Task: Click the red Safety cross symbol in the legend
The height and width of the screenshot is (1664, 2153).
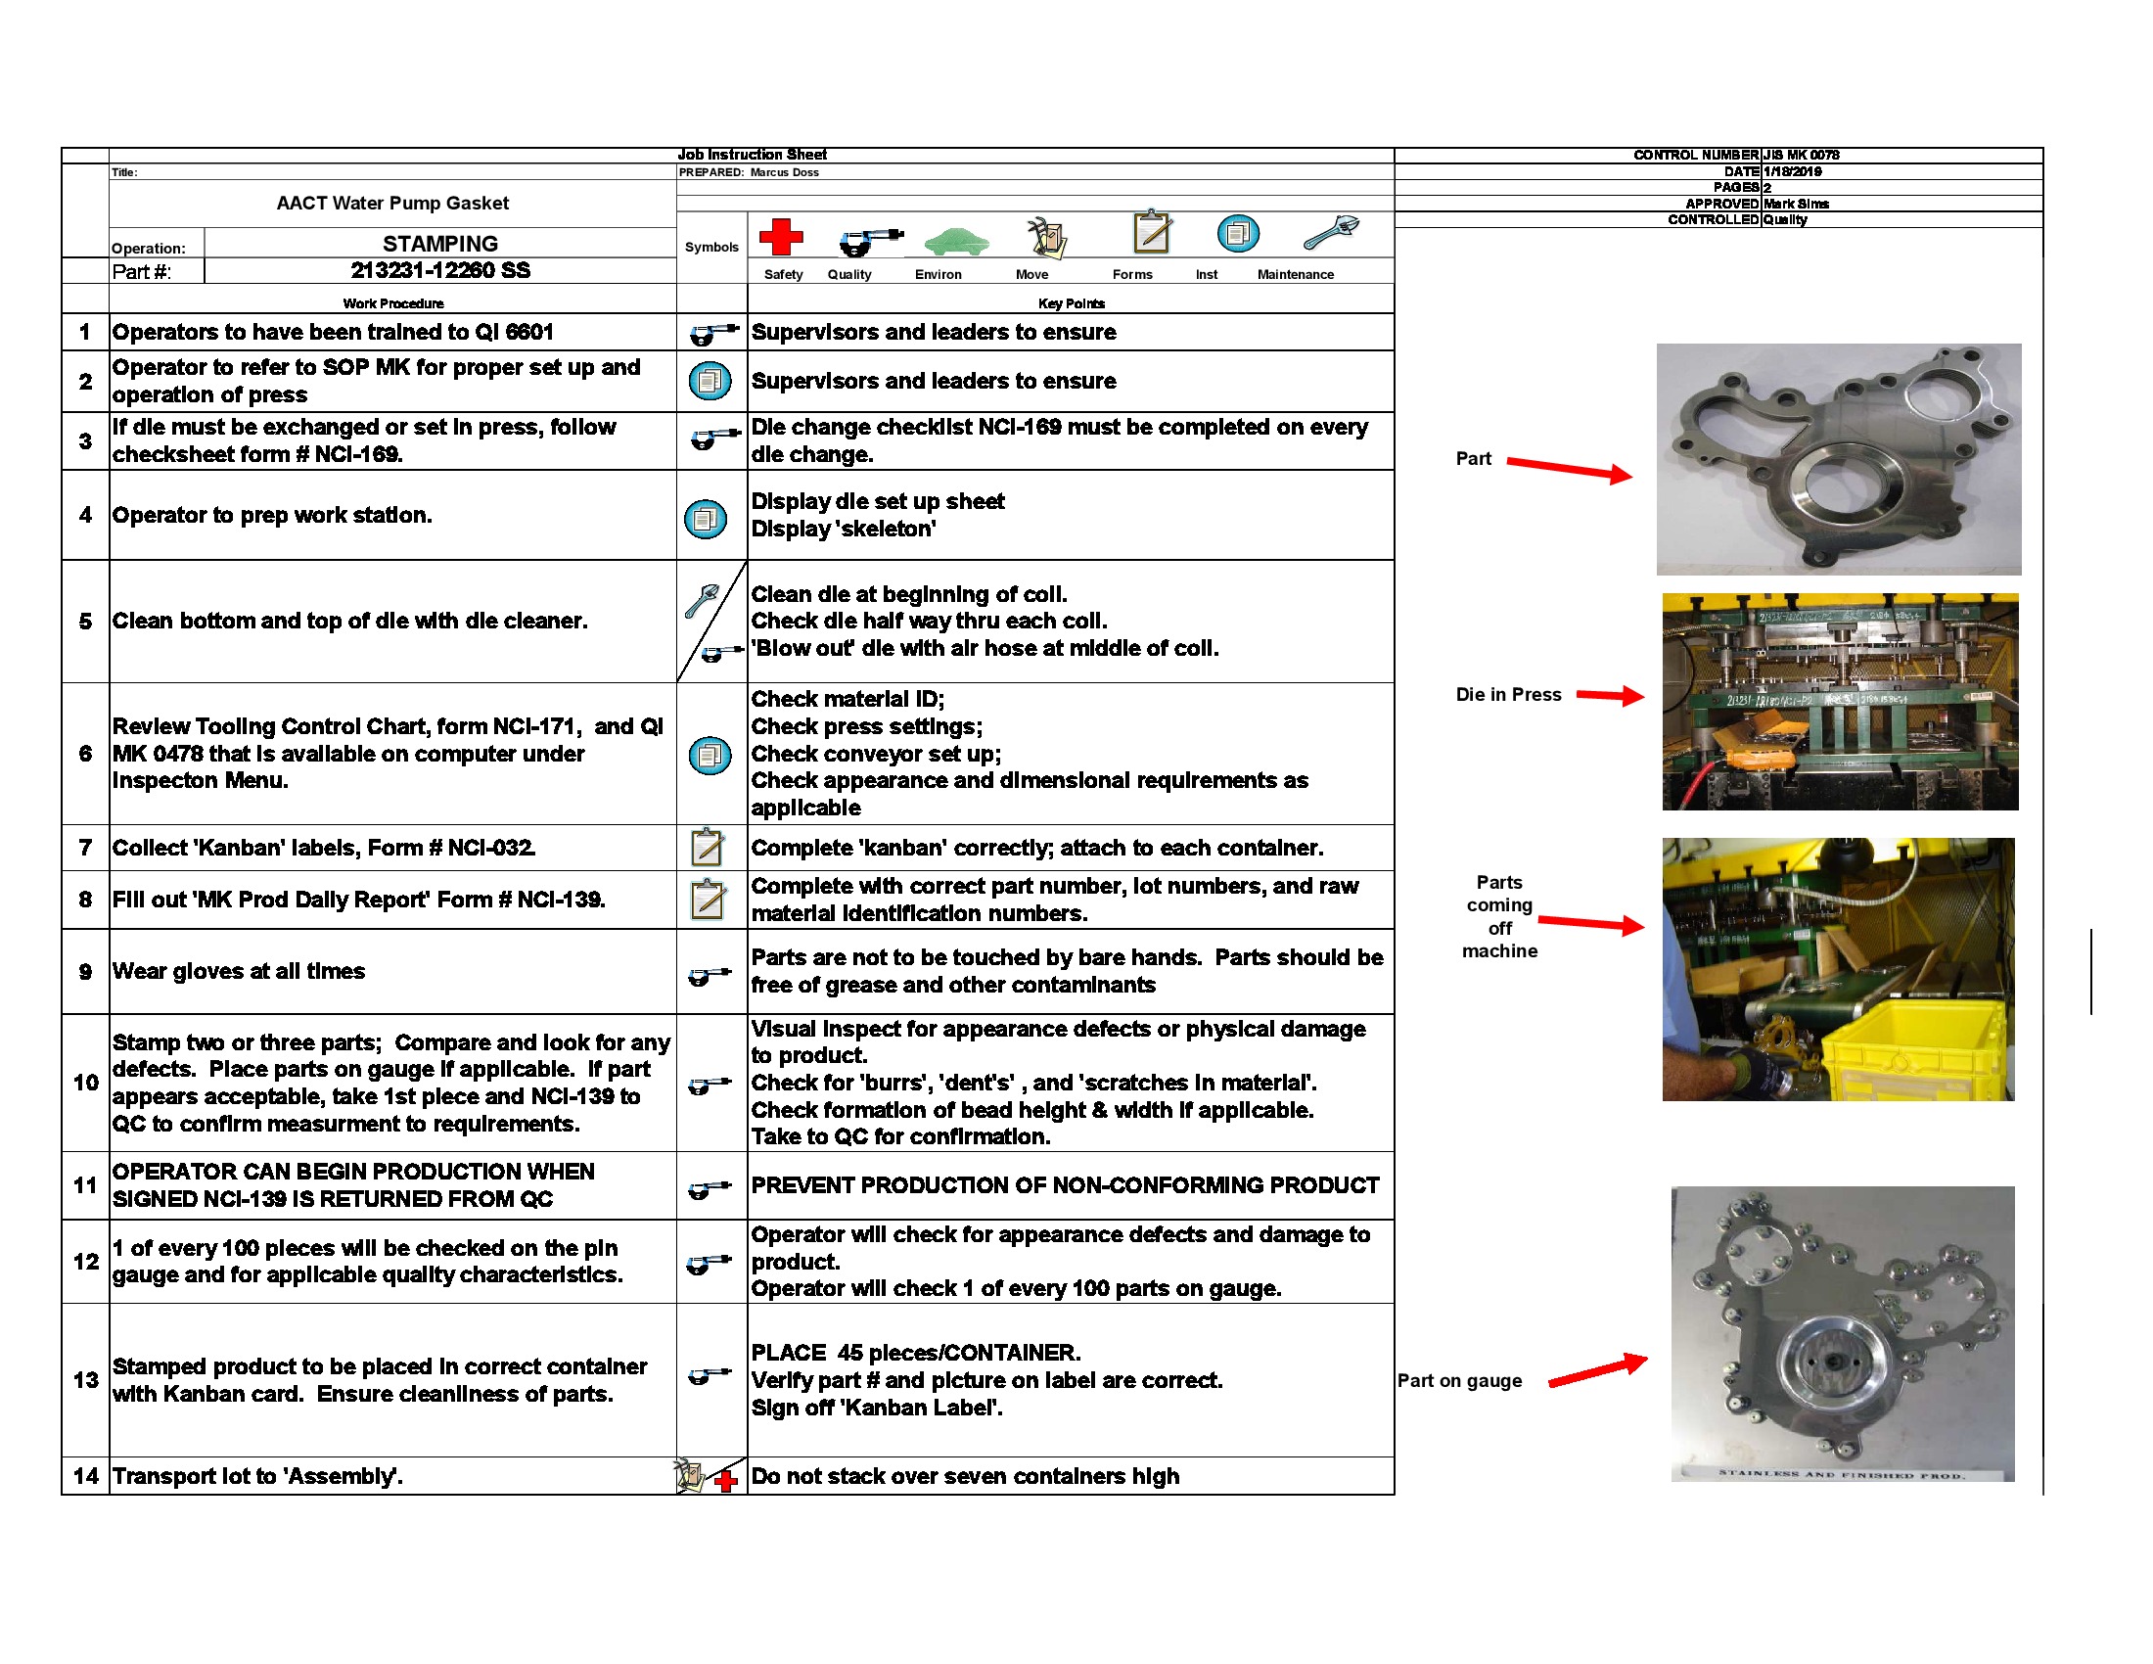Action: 780,237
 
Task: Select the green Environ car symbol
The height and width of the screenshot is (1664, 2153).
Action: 955,240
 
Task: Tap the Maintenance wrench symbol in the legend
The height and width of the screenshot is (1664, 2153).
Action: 1331,234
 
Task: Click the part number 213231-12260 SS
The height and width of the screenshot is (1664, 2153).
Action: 439,270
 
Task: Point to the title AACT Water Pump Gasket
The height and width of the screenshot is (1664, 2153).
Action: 392,203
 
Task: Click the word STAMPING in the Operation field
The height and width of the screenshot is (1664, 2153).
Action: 439,244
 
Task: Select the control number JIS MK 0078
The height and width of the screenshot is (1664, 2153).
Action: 1801,155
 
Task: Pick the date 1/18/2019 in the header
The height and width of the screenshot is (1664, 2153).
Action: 1792,171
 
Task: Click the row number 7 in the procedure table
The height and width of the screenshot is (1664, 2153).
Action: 85,848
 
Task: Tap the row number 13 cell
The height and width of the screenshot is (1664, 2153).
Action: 85,1379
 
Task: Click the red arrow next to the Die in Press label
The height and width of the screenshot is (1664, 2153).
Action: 1610,696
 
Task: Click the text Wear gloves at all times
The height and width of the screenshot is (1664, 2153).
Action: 239,971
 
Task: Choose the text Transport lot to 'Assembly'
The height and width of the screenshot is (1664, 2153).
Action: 257,1476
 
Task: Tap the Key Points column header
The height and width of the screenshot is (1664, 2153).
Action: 1071,303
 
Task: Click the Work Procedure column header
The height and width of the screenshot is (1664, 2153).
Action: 392,303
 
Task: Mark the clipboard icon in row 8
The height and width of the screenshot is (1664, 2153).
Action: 708,899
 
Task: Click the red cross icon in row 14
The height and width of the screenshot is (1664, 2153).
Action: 726,1481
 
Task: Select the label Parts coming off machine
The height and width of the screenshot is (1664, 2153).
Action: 1498,916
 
